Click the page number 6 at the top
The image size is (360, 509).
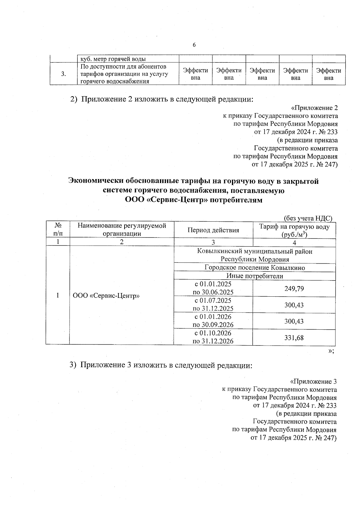[194, 45]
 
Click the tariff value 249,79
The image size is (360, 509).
[294, 289]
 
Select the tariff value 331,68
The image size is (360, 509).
[294, 338]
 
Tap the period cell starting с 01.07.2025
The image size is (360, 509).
[213, 304]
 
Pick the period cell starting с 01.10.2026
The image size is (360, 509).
[213, 337]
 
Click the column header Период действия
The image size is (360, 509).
[213, 230]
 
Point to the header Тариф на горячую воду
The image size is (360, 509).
[294, 227]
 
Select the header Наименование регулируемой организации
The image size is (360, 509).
[122, 230]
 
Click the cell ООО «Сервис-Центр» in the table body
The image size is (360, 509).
[107, 296]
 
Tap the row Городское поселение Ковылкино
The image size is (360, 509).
[255, 268]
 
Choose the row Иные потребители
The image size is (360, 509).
[255, 276]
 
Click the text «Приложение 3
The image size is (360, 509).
[313, 382]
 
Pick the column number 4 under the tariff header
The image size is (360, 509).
[294, 243]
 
